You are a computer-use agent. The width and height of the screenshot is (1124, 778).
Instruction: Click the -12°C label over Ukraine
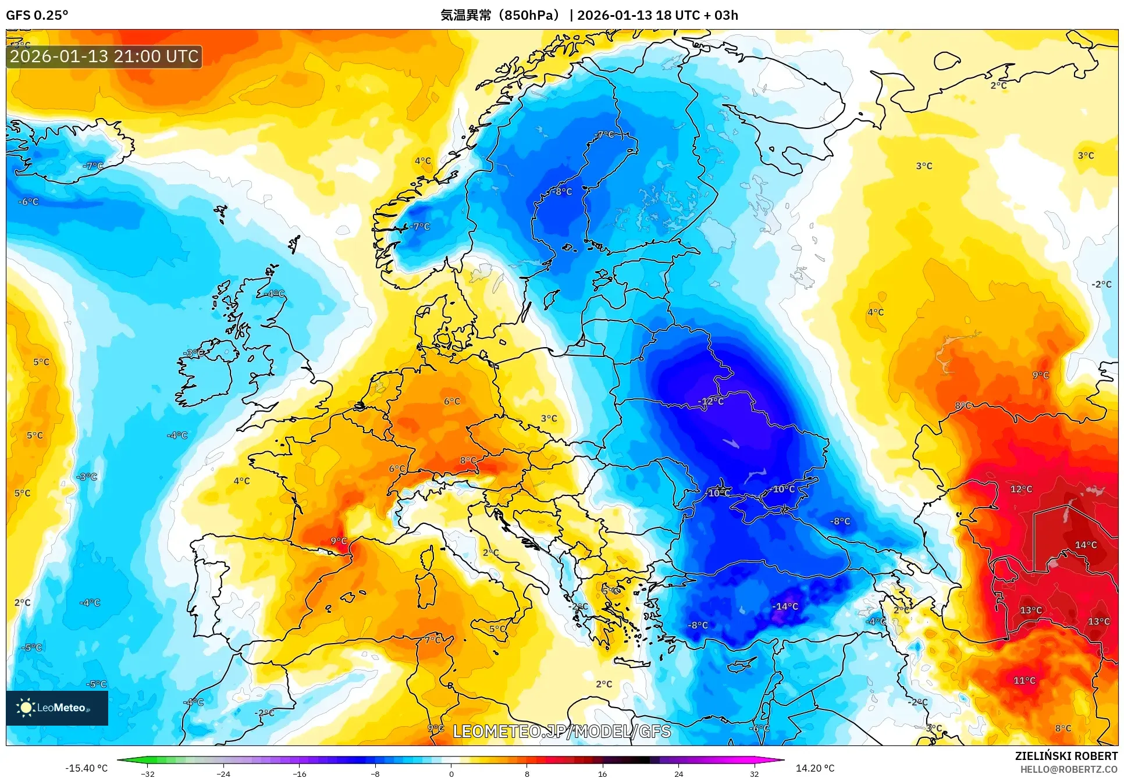tap(710, 402)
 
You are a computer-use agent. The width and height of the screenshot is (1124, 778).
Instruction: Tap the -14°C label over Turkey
tap(785, 606)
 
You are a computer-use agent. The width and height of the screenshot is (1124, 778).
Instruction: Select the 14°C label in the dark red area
tap(1086, 545)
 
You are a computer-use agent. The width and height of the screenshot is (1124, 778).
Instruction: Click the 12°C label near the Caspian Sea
tap(1021, 489)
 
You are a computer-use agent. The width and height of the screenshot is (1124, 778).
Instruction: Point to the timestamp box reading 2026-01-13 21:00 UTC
tap(104, 56)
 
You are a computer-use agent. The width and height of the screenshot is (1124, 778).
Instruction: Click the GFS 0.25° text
tap(37, 15)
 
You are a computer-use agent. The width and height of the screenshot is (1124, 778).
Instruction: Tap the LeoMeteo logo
tap(56, 708)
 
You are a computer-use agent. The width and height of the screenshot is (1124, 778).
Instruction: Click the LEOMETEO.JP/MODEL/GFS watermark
tap(561, 731)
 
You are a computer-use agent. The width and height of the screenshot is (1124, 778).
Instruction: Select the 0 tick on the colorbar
tap(451, 774)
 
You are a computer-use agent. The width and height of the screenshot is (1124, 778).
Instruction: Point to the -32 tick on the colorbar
tap(148, 774)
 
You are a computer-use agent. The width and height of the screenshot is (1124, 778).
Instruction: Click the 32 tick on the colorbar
tap(754, 774)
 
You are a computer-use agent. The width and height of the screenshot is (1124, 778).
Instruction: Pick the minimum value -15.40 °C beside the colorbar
tap(86, 768)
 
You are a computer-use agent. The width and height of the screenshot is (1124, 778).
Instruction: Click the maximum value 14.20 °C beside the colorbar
tap(814, 768)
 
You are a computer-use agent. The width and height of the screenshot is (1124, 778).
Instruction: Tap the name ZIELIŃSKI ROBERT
tap(1066, 756)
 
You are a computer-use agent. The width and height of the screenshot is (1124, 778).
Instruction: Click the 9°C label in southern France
tap(339, 541)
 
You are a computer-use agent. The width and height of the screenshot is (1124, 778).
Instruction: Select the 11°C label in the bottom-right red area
tap(1024, 680)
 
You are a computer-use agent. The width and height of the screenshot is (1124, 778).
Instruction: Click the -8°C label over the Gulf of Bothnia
tap(562, 191)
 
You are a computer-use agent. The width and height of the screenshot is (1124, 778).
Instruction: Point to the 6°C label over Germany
tap(451, 401)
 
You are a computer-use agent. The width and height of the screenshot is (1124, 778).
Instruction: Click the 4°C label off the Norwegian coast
tap(422, 161)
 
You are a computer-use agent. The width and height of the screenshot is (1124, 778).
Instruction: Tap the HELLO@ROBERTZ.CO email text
tap(1068, 769)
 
